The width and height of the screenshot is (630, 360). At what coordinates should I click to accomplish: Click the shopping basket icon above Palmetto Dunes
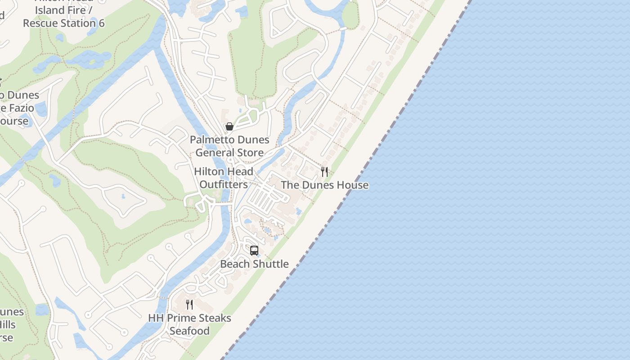point(229,126)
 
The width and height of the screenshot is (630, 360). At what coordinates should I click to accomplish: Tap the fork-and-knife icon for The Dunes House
point(324,171)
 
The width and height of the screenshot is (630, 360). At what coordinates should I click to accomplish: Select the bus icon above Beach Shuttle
point(254,251)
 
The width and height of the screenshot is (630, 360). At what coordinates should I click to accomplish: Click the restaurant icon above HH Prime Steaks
point(189,305)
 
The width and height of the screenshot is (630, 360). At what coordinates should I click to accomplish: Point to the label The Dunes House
point(324,185)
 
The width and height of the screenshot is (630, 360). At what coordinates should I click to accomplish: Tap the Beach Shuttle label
point(254,264)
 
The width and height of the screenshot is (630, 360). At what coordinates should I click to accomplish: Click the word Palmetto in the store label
point(211,139)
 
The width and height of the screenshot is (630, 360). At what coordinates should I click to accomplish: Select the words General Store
point(229,153)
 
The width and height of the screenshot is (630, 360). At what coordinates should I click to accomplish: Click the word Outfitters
point(224,184)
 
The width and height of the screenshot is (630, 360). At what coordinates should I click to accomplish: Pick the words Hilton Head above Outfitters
point(224,171)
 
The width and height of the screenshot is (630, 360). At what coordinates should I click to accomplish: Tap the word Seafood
point(189,331)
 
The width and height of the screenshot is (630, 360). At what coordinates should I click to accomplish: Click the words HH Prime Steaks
point(189,318)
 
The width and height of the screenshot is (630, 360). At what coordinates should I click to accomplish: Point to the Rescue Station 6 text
point(64,23)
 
